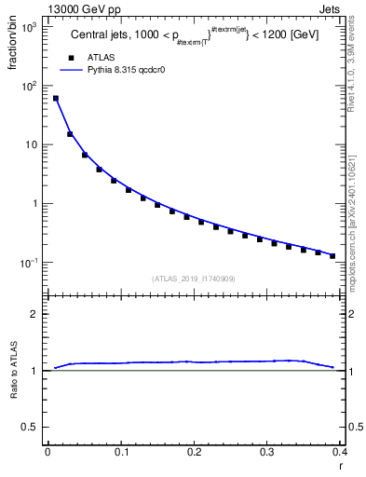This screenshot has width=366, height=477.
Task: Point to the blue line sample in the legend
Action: tap(71, 69)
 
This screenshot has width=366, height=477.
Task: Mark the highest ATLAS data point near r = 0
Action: tap(55, 98)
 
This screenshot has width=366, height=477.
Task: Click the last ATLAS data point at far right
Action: tap(332, 255)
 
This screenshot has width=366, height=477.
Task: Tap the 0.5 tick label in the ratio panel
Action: tap(32, 428)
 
